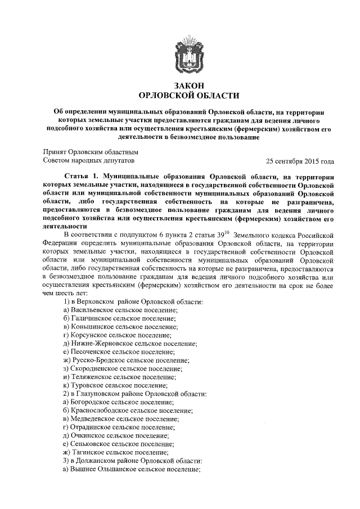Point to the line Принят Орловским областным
coord(91,152)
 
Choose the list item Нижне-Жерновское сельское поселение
coord(130,343)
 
